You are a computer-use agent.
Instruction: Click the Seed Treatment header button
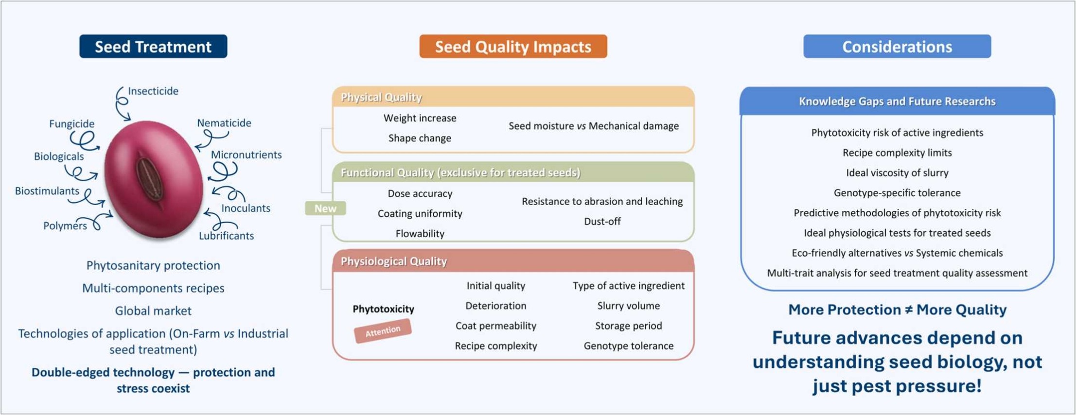coord(153,47)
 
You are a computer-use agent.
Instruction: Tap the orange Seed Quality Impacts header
coord(513,47)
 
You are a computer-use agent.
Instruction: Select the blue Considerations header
coord(897,47)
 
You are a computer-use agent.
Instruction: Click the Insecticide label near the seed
coord(153,91)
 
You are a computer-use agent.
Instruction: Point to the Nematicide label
coord(224,123)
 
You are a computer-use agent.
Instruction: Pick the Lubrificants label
coord(226,236)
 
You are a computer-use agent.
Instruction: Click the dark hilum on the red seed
coord(150,179)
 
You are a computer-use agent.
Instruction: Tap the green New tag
coord(325,208)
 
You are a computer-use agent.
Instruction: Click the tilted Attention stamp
coord(383,331)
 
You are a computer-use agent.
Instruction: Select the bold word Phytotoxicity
coord(383,309)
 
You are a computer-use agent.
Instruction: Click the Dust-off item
coord(602,222)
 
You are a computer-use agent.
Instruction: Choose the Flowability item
coord(420,234)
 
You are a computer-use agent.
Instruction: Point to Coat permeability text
coord(496,326)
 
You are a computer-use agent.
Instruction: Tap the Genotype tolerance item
coord(629,346)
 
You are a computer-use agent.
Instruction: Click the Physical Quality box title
coord(381,97)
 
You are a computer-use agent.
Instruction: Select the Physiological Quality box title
coord(394,261)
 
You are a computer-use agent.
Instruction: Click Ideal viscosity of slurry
coord(897,173)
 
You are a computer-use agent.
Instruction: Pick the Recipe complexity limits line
coord(897,153)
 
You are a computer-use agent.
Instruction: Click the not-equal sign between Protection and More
coord(908,310)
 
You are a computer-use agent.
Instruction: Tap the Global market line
coord(153,311)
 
